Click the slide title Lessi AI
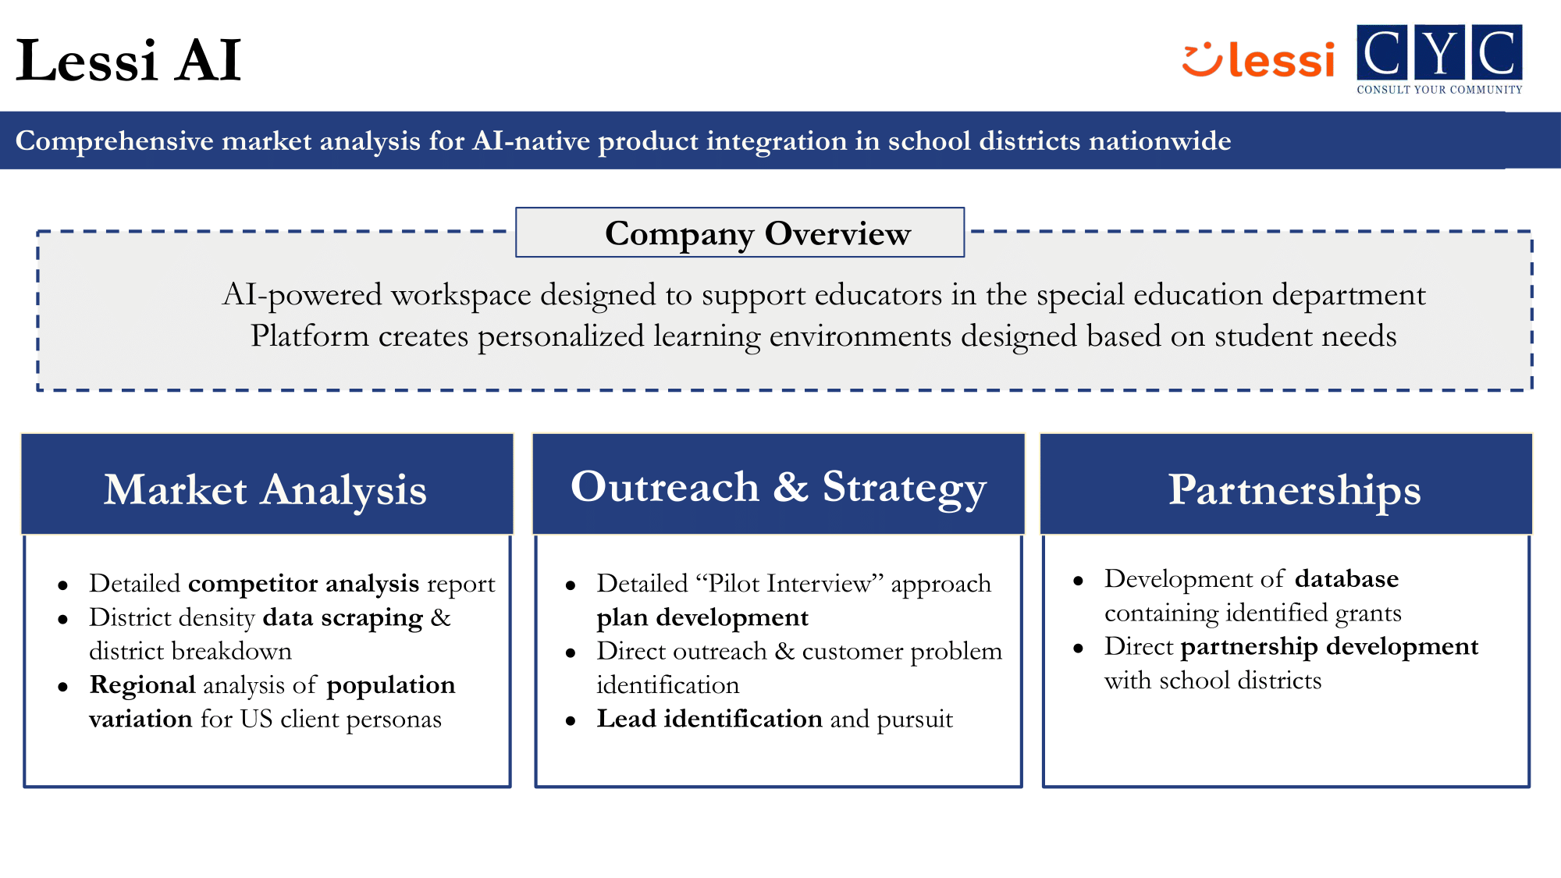click(x=129, y=60)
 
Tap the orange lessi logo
click(x=1258, y=59)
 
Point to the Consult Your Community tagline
click(x=1439, y=90)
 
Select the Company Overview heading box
click(x=740, y=233)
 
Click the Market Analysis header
click(x=266, y=489)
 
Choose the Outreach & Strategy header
click(x=778, y=486)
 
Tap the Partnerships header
click(x=1294, y=489)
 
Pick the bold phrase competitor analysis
click(x=304, y=583)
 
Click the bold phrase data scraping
click(x=343, y=617)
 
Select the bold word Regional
click(x=142, y=684)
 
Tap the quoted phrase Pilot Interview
click(x=789, y=583)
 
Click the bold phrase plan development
click(x=702, y=617)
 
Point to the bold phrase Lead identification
click(x=709, y=719)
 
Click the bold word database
click(x=1346, y=578)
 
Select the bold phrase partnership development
click(x=1329, y=646)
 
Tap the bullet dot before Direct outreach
click(x=571, y=653)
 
